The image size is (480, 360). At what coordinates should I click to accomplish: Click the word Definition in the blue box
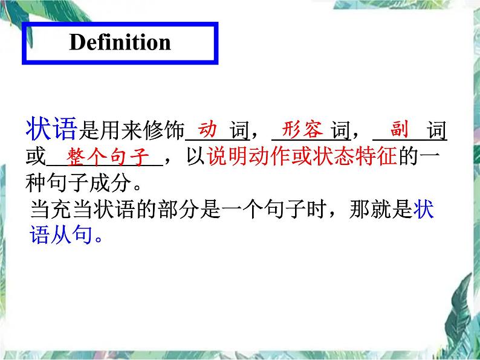(120, 42)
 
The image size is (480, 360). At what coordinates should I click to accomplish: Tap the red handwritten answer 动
(209, 129)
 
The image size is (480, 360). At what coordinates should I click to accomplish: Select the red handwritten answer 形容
(303, 129)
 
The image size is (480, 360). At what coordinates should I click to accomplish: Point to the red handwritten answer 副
(400, 129)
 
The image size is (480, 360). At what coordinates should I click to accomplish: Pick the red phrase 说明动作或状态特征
(301, 157)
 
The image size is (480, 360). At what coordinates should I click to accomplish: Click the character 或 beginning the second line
(36, 158)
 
